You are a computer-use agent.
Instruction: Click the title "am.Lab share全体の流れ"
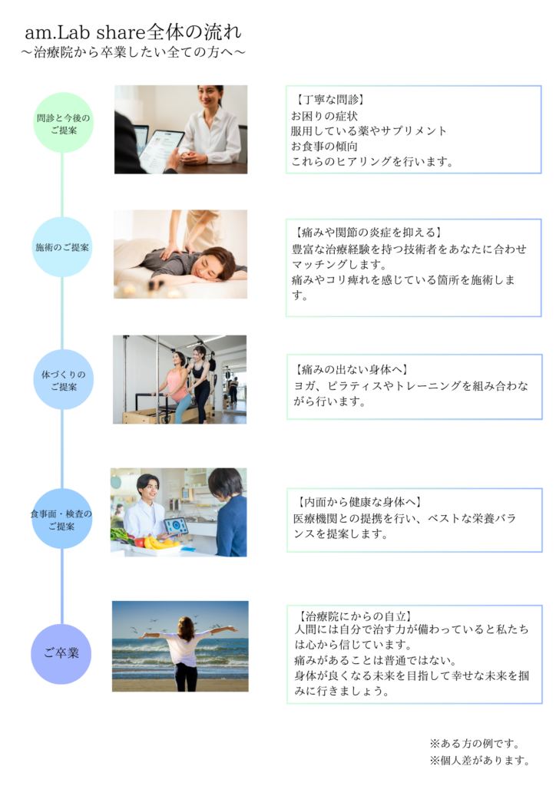coord(134,32)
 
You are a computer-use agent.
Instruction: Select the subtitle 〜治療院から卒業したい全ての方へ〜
coord(134,52)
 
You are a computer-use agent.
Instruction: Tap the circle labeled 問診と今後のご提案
coord(63,123)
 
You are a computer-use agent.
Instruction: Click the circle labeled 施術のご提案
coord(62,247)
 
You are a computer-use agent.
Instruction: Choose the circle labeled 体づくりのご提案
coord(63,379)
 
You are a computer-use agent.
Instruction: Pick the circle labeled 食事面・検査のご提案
coord(61,519)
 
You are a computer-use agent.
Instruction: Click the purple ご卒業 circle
coord(61,654)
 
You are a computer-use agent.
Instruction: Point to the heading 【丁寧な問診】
coord(329,100)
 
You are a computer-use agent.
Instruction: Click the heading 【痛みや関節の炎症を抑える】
coord(368,232)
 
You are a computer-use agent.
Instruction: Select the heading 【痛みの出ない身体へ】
coord(352,369)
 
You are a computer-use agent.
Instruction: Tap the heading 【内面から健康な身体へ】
coord(358,502)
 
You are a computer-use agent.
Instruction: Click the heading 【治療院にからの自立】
coord(355,616)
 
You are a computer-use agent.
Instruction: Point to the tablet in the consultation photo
coord(160,149)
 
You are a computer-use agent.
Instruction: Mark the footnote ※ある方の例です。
coord(475,743)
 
